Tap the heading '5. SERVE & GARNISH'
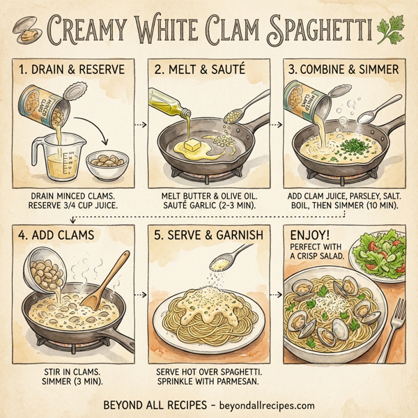pyautogui.click(x=211, y=236)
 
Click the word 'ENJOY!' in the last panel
pyautogui.click(x=309, y=238)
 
